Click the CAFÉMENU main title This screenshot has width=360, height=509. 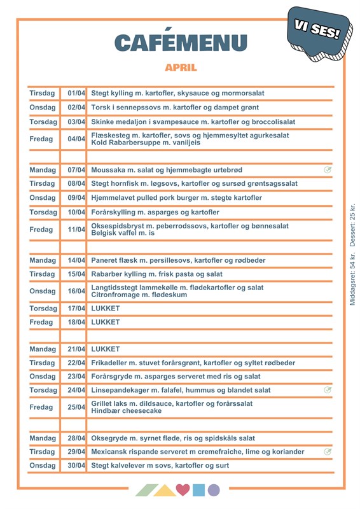tap(181, 43)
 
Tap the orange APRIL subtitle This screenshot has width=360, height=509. tap(181, 67)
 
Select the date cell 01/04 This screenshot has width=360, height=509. tap(76, 94)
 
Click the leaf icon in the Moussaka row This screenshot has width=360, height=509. tap(328, 170)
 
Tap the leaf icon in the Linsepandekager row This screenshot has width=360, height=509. tap(328, 390)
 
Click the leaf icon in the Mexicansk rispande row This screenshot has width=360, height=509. tap(328, 452)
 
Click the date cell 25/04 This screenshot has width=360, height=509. tap(76, 407)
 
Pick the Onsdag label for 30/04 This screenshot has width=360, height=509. tap(43, 466)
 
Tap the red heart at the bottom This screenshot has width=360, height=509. tap(183, 490)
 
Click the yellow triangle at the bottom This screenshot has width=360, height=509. tap(165, 490)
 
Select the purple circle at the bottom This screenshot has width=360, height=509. tap(214, 490)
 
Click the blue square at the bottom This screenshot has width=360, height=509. tap(198, 490)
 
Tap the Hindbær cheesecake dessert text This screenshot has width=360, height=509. tap(127, 411)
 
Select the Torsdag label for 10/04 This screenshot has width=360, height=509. tap(44, 212)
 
